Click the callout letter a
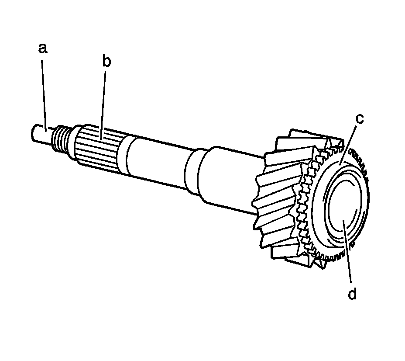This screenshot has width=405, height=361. click(x=43, y=49)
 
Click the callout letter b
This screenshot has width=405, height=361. click(x=106, y=61)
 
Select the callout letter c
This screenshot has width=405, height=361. click(x=360, y=118)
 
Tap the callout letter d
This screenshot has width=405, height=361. click(x=352, y=294)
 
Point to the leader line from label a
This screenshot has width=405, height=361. click(x=44, y=96)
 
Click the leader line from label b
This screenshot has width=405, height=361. click(x=103, y=106)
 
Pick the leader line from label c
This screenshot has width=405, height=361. click(x=348, y=145)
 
